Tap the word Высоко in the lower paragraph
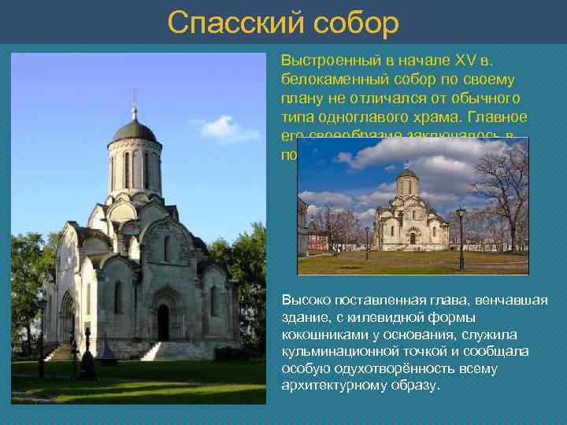[x=303, y=301]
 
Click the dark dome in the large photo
[x=134, y=130]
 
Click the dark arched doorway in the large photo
[x=163, y=323]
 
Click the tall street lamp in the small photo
[x=461, y=236]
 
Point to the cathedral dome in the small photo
[x=407, y=175]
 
